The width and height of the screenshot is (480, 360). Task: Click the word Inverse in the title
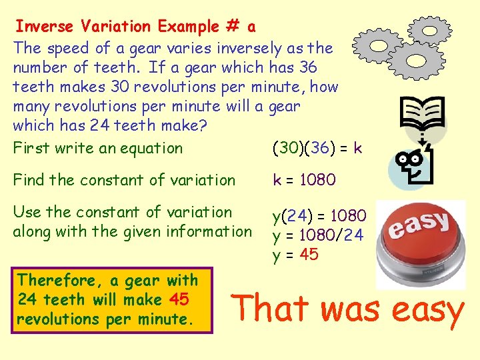click(x=45, y=27)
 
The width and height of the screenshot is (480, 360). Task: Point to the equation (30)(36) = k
click(x=317, y=148)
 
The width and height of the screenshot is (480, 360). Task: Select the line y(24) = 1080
click(x=319, y=216)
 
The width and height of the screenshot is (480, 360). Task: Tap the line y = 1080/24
click(x=318, y=235)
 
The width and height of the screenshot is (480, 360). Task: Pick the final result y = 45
click(x=295, y=255)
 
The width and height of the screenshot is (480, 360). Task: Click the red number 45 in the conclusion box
click(x=179, y=300)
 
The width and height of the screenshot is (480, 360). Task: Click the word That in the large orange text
click(x=273, y=309)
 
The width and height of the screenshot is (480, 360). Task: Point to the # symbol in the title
click(x=232, y=27)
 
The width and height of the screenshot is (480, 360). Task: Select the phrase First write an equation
click(x=97, y=148)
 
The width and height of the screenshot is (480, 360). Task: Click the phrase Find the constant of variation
click(x=124, y=180)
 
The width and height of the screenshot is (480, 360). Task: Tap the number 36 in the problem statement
click(x=308, y=67)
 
